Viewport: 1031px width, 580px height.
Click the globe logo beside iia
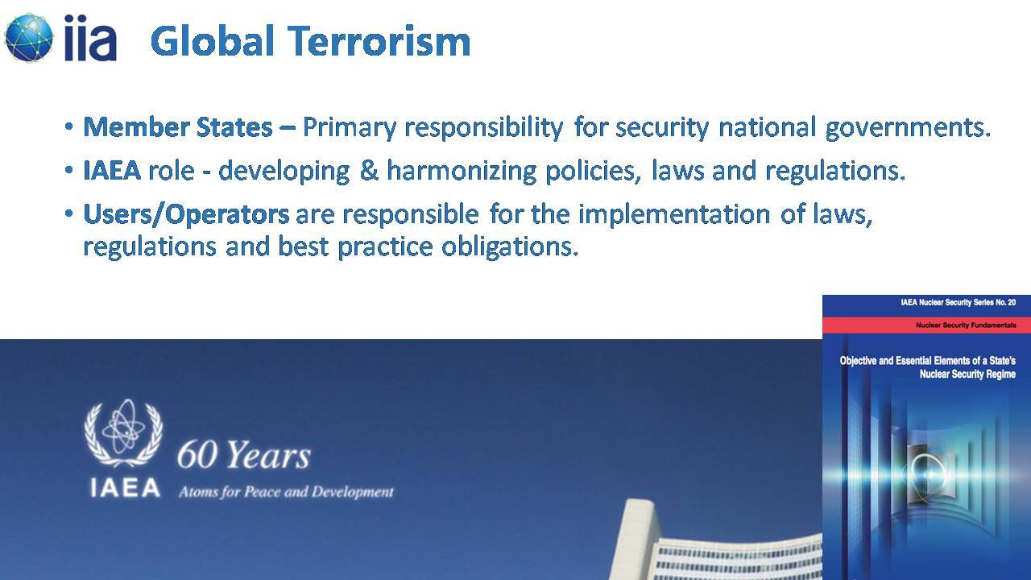pyautogui.click(x=29, y=37)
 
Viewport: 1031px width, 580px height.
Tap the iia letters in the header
pyautogui.click(x=90, y=38)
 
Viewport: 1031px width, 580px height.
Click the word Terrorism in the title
pyautogui.click(x=379, y=41)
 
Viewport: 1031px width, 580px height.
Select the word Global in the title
pyautogui.click(x=213, y=40)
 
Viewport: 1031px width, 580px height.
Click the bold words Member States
pyautogui.click(x=178, y=126)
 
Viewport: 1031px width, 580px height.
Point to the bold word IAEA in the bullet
pyautogui.click(x=112, y=170)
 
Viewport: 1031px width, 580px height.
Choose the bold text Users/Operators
pyautogui.click(x=186, y=214)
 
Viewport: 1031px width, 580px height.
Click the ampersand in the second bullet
pyautogui.click(x=369, y=170)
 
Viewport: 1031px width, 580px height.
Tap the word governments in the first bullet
pyautogui.click(x=908, y=127)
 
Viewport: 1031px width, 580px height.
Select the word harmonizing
pyautogui.click(x=462, y=172)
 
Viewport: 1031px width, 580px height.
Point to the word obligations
pyautogui.click(x=510, y=247)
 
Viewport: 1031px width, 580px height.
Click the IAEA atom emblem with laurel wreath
pyautogui.click(x=123, y=433)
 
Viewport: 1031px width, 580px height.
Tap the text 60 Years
pyautogui.click(x=244, y=454)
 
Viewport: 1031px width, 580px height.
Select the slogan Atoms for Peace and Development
pyautogui.click(x=286, y=492)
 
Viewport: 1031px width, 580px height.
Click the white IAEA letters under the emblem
pyautogui.click(x=125, y=488)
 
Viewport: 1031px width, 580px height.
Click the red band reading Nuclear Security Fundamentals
pyautogui.click(x=926, y=325)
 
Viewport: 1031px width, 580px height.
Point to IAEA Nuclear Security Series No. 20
pyautogui.click(x=959, y=302)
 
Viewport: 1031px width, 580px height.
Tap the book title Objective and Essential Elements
pyautogui.click(x=927, y=367)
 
